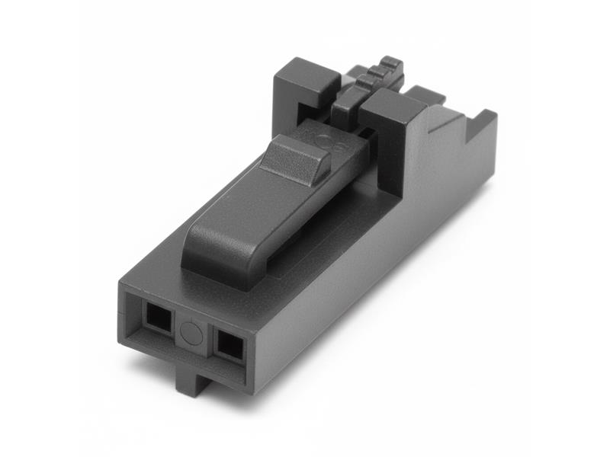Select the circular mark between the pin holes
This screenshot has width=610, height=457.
click(191, 332)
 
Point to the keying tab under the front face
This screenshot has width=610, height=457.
click(191, 378)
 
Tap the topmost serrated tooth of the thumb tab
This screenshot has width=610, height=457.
click(391, 62)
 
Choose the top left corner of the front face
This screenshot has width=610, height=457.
click(121, 283)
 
